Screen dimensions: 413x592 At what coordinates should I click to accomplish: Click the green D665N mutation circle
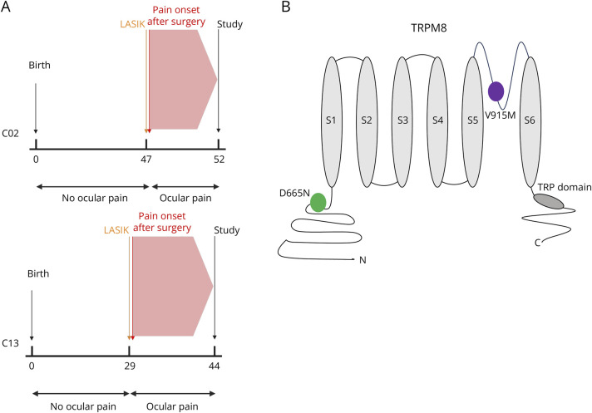(x=318, y=202)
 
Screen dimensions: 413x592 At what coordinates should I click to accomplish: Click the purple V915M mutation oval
(x=496, y=91)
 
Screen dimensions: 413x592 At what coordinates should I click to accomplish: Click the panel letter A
(x=7, y=8)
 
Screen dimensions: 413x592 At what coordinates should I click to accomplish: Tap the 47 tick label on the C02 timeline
(x=147, y=158)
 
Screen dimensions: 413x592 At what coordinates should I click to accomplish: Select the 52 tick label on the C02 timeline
(x=218, y=158)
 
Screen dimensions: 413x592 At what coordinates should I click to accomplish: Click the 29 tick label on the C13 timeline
(x=131, y=366)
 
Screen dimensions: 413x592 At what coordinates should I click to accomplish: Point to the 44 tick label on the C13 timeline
(x=215, y=366)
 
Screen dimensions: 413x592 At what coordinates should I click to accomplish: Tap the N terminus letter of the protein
(x=363, y=260)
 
